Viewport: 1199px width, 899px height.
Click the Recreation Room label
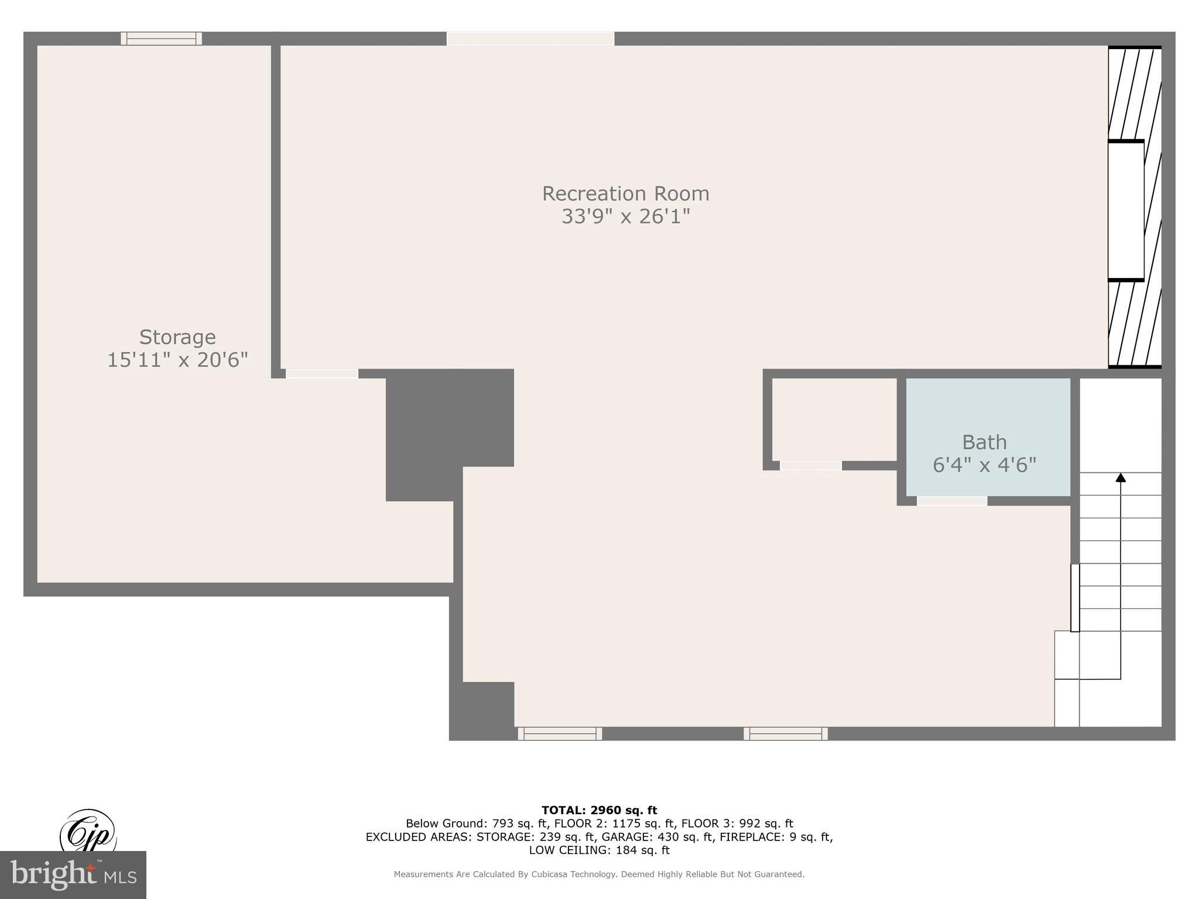[x=625, y=194]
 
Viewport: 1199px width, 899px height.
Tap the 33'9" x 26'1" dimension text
[x=625, y=217]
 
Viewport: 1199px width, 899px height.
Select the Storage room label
[x=177, y=337]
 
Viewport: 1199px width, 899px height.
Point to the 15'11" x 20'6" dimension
[x=177, y=360]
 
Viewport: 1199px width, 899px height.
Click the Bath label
[x=984, y=442]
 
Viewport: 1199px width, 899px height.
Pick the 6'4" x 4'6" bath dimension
[x=984, y=465]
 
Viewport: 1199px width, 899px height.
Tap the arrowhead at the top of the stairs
[x=1121, y=478]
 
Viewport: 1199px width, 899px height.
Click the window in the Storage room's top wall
[x=161, y=39]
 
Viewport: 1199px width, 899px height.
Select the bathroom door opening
[x=952, y=501]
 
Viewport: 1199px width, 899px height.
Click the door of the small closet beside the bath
[x=810, y=466]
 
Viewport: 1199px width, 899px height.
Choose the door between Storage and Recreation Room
[x=321, y=373]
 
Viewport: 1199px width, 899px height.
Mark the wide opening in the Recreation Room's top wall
[x=530, y=39]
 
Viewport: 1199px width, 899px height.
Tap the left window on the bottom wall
[x=560, y=733]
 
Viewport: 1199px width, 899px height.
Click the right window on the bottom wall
[x=786, y=733]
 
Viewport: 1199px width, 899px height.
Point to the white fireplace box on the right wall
[x=1126, y=211]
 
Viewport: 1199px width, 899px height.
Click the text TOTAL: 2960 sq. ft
[x=599, y=811]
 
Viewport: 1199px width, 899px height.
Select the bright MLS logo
[x=73, y=875]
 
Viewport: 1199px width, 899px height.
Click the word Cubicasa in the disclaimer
[x=555, y=874]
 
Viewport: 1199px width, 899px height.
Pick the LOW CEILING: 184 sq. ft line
[x=599, y=850]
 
